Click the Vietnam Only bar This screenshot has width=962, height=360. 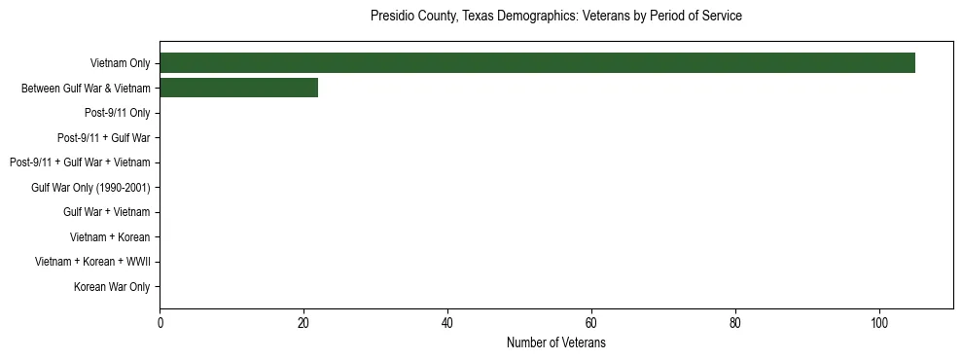click(537, 63)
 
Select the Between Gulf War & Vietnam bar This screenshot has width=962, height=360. click(238, 88)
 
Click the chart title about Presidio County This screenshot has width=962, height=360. click(555, 17)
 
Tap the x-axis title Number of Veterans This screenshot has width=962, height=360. click(555, 343)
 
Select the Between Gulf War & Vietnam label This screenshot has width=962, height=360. click(86, 89)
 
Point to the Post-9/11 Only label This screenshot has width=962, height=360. click(117, 113)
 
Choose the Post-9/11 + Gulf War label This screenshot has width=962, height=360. click(103, 138)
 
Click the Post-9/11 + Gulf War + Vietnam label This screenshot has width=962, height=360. click(80, 162)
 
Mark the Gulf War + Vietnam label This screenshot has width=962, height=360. click(106, 212)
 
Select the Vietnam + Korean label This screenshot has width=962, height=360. click(110, 237)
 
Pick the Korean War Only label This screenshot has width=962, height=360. click(112, 287)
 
